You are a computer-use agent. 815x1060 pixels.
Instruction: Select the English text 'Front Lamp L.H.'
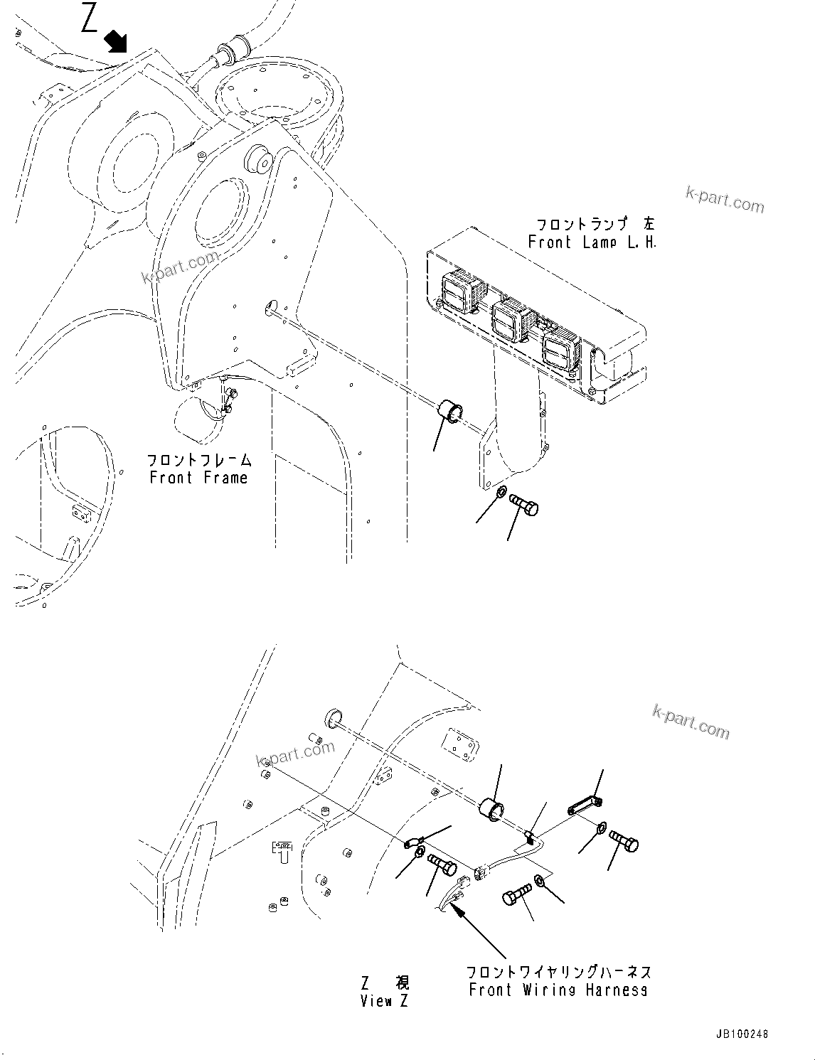(592, 242)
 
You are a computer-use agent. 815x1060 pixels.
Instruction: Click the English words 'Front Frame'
(198, 478)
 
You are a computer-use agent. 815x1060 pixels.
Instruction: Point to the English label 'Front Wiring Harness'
(558, 990)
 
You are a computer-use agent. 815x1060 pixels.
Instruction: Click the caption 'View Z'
(385, 1001)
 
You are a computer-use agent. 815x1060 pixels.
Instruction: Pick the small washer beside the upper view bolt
(501, 492)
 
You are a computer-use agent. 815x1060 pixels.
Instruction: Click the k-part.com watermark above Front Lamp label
(725, 200)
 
